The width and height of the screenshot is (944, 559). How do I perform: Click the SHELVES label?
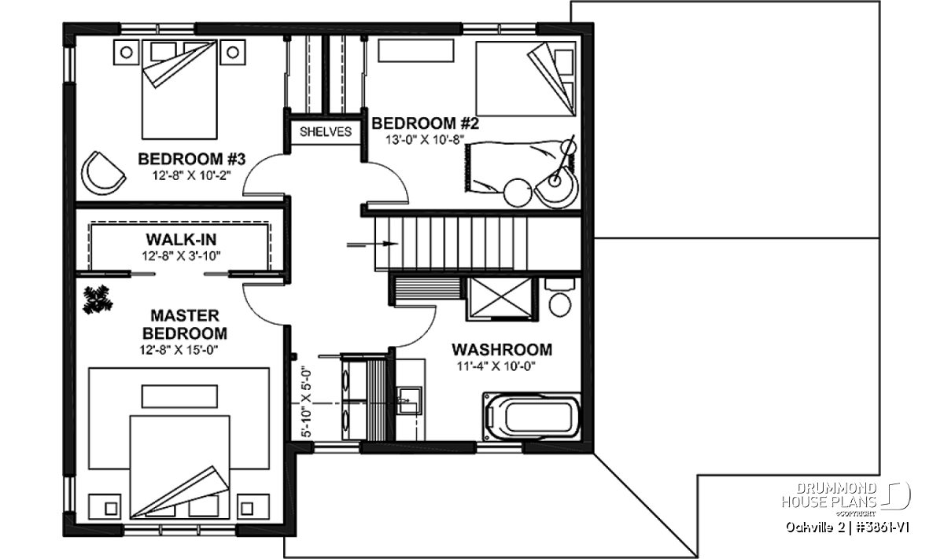click(326, 132)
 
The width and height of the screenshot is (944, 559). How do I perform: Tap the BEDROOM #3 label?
click(192, 160)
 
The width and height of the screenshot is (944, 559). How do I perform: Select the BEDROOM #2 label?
click(426, 123)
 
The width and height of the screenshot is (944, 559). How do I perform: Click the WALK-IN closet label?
click(181, 240)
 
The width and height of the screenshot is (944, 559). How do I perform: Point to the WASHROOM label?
click(502, 350)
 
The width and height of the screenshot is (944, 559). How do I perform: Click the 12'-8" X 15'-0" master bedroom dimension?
click(179, 350)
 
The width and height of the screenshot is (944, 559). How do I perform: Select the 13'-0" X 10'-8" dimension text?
click(425, 139)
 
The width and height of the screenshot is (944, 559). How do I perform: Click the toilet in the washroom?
click(560, 297)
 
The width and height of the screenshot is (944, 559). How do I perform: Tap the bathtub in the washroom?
click(532, 417)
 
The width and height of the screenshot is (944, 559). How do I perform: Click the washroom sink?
click(408, 401)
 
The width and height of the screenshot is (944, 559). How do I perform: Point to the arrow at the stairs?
click(373, 244)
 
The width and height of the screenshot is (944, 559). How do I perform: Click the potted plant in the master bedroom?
click(98, 299)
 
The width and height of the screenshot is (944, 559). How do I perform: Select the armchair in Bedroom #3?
click(102, 173)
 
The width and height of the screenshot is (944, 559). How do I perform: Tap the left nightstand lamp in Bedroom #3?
click(127, 53)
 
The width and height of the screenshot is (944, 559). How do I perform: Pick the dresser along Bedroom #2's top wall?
click(416, 50)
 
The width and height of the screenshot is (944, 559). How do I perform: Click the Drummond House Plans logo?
click(846, 499)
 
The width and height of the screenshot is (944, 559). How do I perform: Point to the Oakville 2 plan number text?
click(846, 528)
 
